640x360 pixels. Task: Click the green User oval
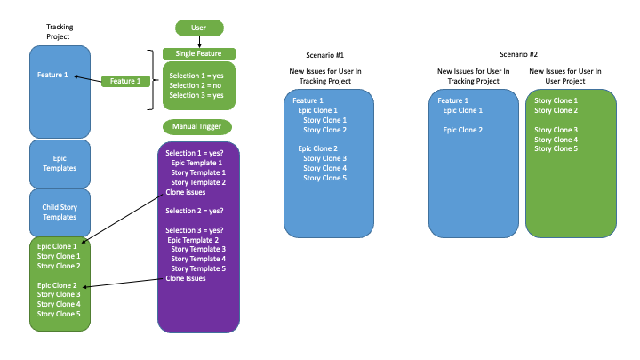tap(199, 28)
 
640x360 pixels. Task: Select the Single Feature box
tap(198, 53)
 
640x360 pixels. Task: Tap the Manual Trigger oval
tap(197, 126)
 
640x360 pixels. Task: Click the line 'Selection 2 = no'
tap(196, 85)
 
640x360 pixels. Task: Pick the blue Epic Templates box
tap(60, 163)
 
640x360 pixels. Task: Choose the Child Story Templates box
tap(60, 212)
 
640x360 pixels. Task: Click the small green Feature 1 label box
tap(125, 81)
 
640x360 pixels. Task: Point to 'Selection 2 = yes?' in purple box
tap(194, 211)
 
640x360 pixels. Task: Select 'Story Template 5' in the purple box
tap(198, 268)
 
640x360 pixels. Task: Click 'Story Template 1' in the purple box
tap(198, 172)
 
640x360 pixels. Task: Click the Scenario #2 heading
tap(518, 54)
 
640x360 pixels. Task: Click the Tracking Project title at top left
tap(60, 32)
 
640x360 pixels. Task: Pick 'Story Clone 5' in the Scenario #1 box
tap(324, 178)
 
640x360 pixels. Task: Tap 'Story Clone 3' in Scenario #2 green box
tap(556, 130)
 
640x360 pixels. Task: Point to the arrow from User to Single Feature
tap(199, 42)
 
